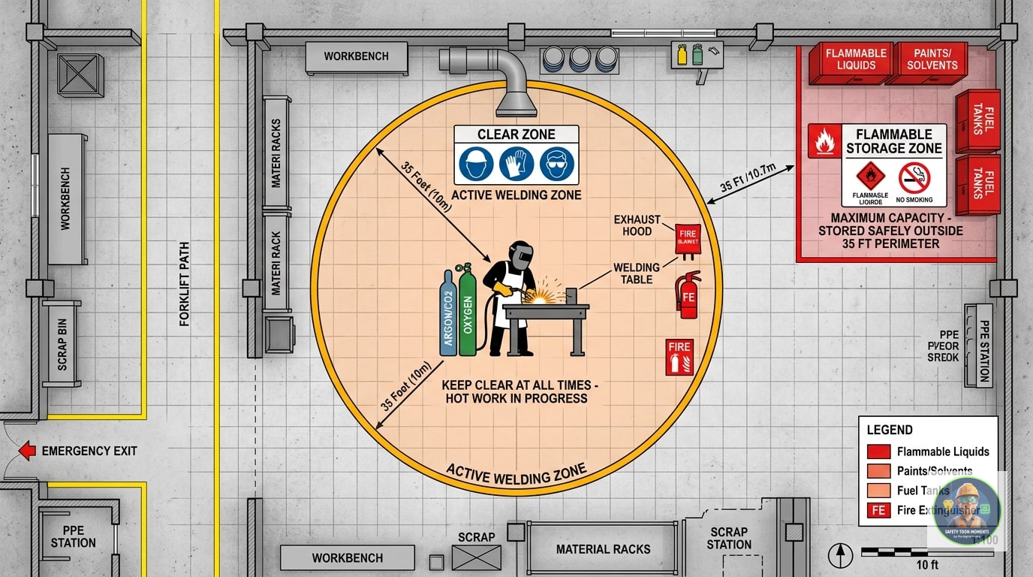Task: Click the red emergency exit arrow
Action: pyautogui.click(x=27, y=451)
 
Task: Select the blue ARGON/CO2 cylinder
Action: pyautogui.click(x=448, y=316)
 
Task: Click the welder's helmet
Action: pyautogui.click(x=520, y=255)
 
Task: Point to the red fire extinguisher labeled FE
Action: pyautogui.click(x=688, y=295)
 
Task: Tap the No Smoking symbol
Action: pyautogui.click(x=914, y=178)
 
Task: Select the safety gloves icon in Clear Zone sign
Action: pyautogui.click(x=516, y=163)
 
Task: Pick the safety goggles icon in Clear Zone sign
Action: pyautogui.click(x=557, y=163)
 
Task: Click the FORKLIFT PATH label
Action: pyautogui.click(x=185, y=284)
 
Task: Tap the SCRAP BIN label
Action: pyautogui.click(x=62, y=344)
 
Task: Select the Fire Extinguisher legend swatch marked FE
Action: pyautogui.click(x=878, y=511)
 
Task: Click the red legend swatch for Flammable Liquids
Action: pyautogui.click(x=878, y=452)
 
